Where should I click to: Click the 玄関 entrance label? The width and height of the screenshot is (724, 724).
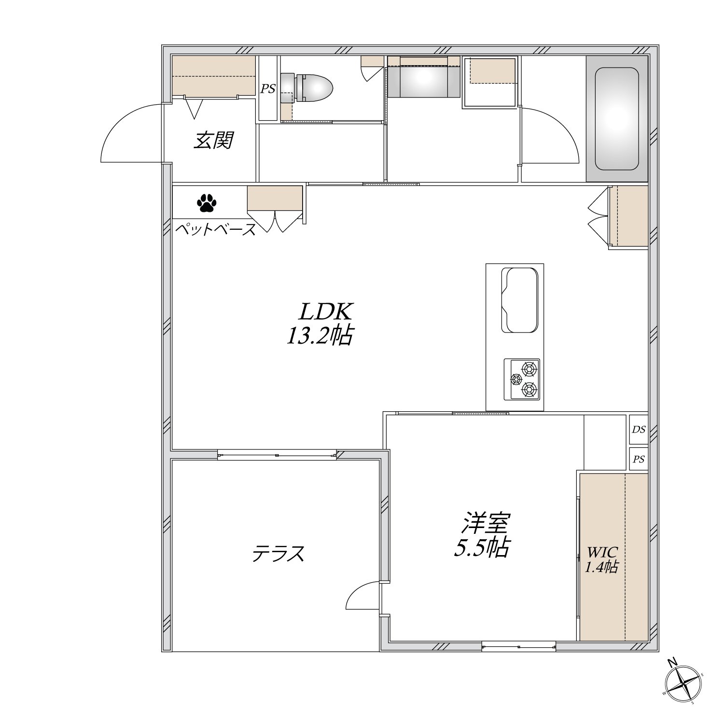[x=214, y=140]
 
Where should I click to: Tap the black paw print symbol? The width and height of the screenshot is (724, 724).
[x=207, y=203]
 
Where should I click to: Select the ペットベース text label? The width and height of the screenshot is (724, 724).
[x=215, y=229]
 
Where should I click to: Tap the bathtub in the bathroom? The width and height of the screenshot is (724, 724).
[x=617, y=119]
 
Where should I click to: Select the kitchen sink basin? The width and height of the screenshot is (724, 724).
[x=520, y=300]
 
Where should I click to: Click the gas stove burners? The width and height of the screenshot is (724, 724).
[x=522, y=379]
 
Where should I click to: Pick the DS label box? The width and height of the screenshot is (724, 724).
[x=639, y=429]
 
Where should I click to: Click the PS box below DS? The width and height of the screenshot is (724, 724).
[x=639, y=459]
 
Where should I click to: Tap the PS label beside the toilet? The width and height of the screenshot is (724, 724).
[x=268, y=88]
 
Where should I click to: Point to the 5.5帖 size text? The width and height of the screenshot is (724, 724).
[x=481, y=547]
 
